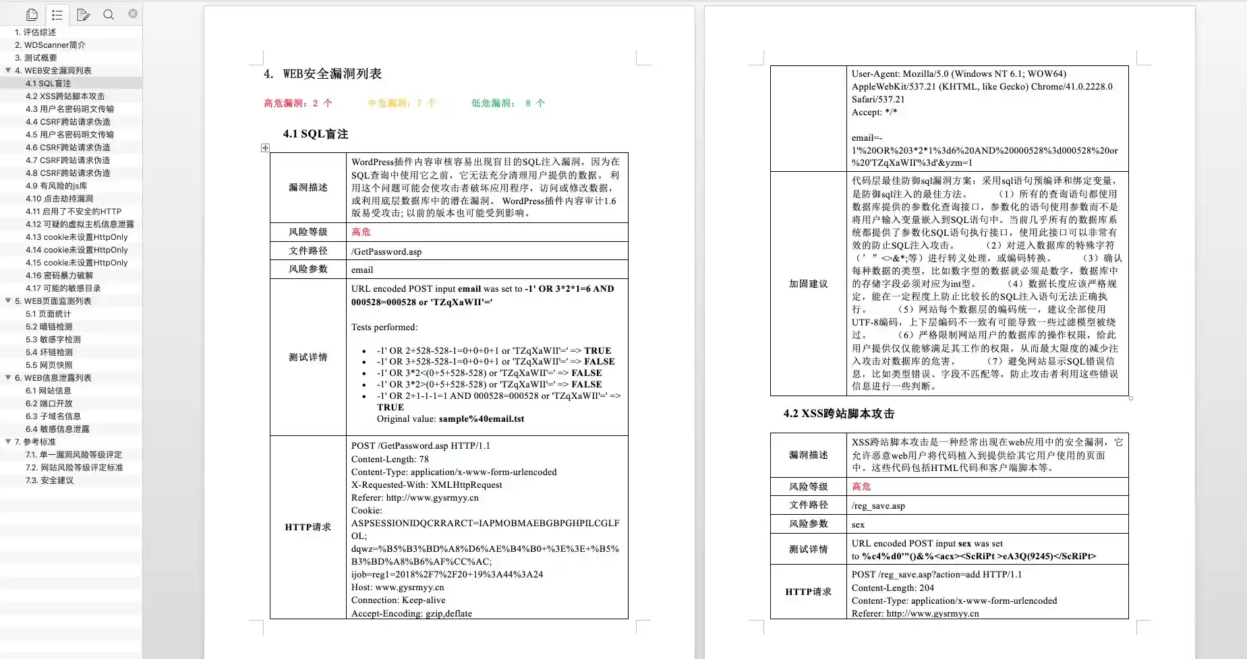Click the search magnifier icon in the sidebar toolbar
108,14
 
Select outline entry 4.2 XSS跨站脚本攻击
65,96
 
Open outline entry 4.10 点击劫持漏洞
59,199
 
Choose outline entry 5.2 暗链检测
49,327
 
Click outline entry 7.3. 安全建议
49,480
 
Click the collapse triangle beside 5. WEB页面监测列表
8,301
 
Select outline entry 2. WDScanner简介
50,45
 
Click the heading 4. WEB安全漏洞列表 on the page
324,74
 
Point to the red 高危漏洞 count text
297,103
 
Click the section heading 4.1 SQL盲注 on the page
315,134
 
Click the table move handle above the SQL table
265,148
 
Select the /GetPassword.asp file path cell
386,251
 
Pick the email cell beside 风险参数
362,270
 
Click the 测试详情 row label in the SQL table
308,357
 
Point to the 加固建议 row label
808,284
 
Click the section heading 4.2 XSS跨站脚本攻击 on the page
838,414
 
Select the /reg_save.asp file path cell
878,505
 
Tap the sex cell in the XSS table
858,524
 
